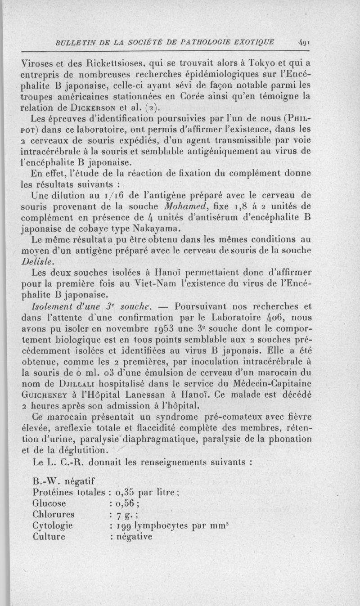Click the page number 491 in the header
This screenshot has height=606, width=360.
click(302, 44)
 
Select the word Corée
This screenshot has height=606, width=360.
click(181, 96)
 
